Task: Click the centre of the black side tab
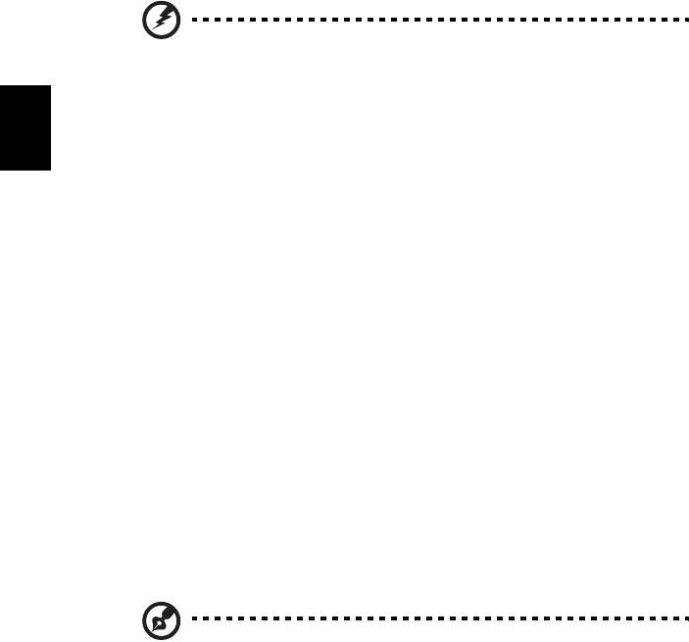point(24,127)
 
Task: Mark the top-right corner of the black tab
point(47,85)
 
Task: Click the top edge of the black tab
point(24,85)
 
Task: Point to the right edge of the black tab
point(47,127)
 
